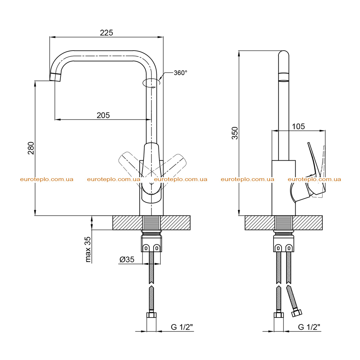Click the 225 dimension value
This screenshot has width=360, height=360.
click(106, 33)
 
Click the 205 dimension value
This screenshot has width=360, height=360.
click(103, 115)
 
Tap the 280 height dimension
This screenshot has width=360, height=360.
click(31, 148)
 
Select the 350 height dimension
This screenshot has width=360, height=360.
click(235, 133)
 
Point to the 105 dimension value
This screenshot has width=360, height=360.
click(298, 126)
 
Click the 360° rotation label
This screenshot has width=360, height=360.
click(180, 73)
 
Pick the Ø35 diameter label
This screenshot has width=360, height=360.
click(127, 259)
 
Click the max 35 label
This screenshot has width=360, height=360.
click(88, 249)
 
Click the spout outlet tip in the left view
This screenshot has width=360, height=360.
click(55, 77)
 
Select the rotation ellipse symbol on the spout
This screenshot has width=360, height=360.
click(151, 83)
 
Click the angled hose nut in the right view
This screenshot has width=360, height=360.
click(297, 313)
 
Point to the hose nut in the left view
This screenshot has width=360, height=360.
click(151, 315)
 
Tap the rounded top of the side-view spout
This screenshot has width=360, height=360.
click(284, 53)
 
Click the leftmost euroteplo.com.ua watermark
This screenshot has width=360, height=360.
click(47, 179)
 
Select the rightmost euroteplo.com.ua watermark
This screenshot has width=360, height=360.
click(314, 179)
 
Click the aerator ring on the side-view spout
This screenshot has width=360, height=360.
click(284, 77)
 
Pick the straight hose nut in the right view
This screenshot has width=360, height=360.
click(279, 315)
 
